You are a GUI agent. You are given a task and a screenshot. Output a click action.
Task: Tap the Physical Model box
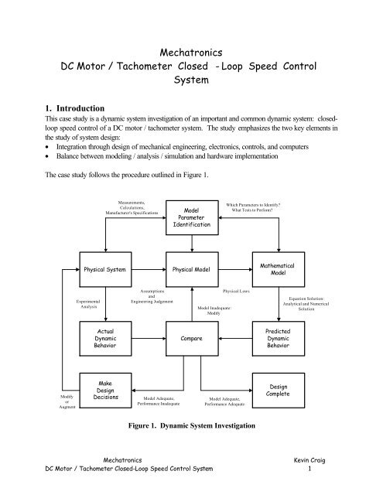pos(192,271)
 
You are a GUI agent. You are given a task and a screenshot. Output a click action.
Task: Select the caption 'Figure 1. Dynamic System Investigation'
pos(191,425)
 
